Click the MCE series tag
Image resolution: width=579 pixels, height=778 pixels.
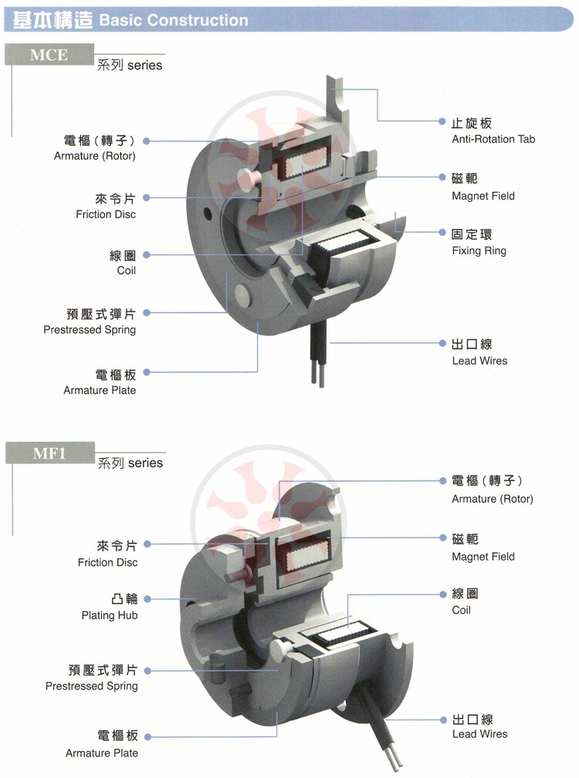pos(49,55)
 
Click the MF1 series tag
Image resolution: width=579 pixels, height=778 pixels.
pos(49,453)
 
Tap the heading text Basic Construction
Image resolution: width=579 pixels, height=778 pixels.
pos(174,21)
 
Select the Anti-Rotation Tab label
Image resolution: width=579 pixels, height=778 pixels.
pos(493,140)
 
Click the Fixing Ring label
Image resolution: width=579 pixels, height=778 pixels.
pos(479,251)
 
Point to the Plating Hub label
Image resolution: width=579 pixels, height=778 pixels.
pos(109,615)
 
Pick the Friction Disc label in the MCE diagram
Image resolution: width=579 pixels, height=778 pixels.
pos(105,214)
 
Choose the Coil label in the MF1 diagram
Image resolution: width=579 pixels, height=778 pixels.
pos(461,610)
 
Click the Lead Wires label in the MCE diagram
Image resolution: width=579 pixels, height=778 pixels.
pos(479,361)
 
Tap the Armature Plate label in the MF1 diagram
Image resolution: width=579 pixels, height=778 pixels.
pos(102,753)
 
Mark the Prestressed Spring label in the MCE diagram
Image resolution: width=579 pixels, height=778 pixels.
pos(90,329)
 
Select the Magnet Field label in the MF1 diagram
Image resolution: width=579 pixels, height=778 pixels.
pos(482,556)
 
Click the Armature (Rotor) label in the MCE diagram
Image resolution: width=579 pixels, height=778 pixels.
pos(95,156)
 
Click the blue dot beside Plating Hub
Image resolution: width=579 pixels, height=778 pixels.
pos(146,599)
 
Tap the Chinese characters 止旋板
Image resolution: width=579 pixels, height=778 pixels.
pos(471,123)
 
